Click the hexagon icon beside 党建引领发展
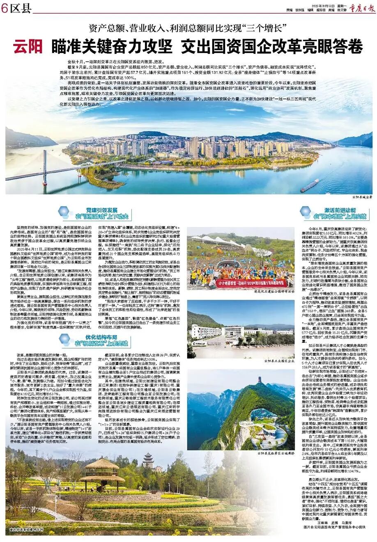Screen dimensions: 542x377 click(64, 212)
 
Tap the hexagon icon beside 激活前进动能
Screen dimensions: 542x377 click(306, 212)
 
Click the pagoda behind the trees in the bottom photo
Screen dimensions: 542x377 click(148, 461)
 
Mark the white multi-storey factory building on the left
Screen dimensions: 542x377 click(205, 331)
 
